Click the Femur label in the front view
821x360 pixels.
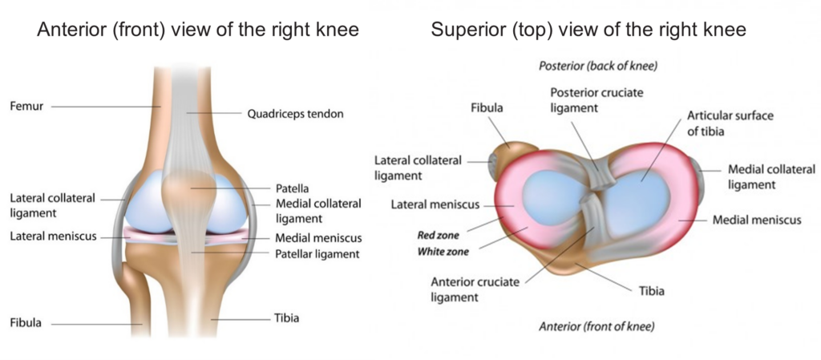point(26,107)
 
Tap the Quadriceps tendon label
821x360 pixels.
point(295,114)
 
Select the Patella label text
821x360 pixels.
point(291,188)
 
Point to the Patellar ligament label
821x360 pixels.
point(317,254)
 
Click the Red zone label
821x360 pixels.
point(439,236)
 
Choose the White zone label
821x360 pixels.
point(443,252)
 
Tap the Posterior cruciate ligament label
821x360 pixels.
point(597,100)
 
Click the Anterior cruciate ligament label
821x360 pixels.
point(475,290)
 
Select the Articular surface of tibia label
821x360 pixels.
point(730,123)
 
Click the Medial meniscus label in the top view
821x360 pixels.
point(757,220)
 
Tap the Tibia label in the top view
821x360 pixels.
point(651,291)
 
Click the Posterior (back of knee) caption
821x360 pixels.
point(597,67)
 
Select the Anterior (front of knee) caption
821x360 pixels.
point(597,328)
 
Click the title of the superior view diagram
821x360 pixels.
point(588,30)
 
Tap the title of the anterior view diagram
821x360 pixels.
point(198,30)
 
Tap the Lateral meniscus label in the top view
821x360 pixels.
point(435,204)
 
